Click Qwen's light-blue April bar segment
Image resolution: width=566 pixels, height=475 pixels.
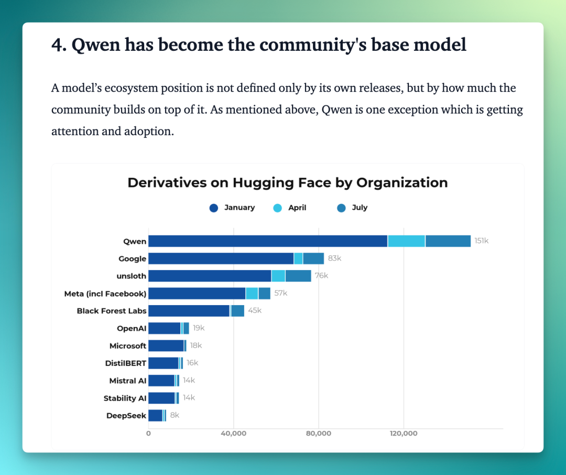pyautogui.click(x=407, y=241)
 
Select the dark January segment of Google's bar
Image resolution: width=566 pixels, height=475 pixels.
pyautogui.click(x=221, y=258)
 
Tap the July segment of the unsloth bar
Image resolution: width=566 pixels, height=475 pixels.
pyautogui.click(x=298, y=276)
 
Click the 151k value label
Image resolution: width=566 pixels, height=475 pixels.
pyautogui.click(x=482, y=241)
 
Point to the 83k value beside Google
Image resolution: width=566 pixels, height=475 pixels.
pyautogui.click(x=334, y=258)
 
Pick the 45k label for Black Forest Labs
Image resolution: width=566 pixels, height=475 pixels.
pyautogui.click(x=255, y=311)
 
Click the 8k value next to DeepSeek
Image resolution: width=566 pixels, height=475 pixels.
pyautogui.click(x=175, y=415)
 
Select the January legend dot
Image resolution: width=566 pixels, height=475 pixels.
pyautogui.click(x=214, y=208)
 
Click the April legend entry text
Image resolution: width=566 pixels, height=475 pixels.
pyautogui.click(x=297, y=208)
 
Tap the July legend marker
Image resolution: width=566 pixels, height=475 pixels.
pyautogui.click(x=341, y=208)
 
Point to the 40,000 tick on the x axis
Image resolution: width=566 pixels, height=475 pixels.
pyautogui.click(x=234, y=434)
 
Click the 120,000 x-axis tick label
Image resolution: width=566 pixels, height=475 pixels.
pyautogui.click(x=404, y=434)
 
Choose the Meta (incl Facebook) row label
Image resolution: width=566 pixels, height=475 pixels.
pyautogui.click(x=105, y=294)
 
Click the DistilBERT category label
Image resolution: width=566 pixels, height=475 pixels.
pyautogui.click(x=126, y=363)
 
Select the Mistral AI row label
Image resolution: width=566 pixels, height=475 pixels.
pyautogui.click(x=128, y=381)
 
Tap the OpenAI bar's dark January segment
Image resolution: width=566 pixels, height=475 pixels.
pyautogui.click(x=165, y=328)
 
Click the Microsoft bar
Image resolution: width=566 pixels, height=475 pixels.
pyautogui.click(x=168, y=346)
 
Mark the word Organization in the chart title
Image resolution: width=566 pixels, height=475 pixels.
pyautogui.click(x=402, y=183)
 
